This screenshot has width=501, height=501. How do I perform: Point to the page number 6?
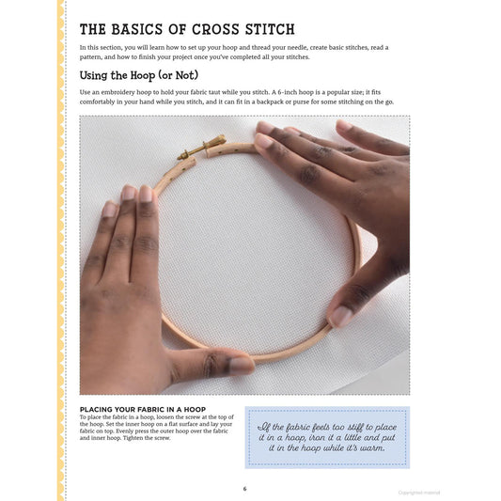tap(245, 488)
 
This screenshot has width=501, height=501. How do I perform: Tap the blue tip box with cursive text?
tap(327, 437)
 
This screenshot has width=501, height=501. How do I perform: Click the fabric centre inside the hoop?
tap(244, 244)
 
